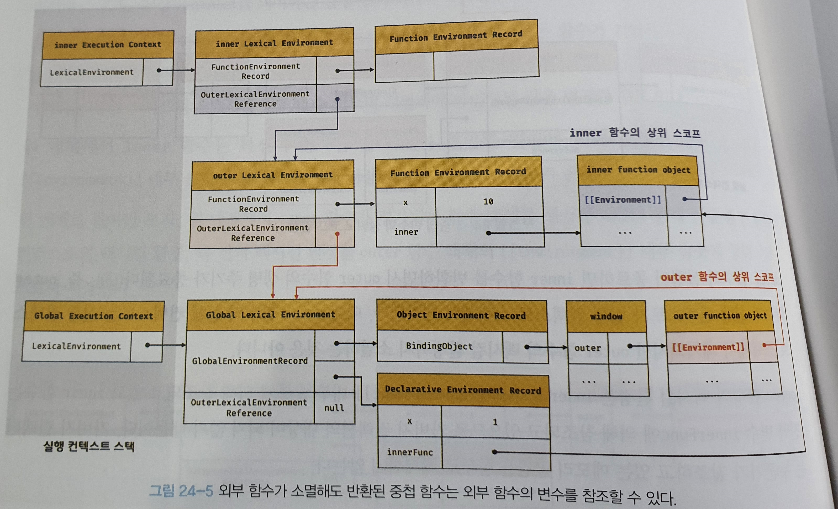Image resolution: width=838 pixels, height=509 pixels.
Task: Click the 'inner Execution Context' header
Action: click(108, 45)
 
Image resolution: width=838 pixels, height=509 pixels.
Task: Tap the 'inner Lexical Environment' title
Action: click(274, 43)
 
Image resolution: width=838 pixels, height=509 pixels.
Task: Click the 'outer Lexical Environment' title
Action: click(273, 175)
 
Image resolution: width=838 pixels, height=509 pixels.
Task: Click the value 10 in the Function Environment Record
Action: click(488, 201)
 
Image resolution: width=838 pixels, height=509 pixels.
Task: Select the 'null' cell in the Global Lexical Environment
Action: click(334, 408)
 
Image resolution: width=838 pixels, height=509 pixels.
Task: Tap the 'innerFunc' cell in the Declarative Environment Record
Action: click(410, 452)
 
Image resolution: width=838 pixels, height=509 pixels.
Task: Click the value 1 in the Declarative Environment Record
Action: click(495, 422)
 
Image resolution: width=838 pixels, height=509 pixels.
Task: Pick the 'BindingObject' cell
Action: click(439, 346)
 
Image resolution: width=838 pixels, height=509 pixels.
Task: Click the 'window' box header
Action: click(606, 316)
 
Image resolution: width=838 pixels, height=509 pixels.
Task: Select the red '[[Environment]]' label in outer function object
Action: click(708, 347)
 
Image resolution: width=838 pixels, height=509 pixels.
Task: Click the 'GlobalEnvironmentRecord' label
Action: click(250, 361)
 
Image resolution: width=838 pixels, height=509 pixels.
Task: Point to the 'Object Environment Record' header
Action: click(461, 315)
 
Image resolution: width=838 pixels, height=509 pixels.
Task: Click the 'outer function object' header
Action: click(720, 316)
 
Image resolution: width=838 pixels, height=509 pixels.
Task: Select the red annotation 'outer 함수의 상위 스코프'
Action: click(717, 277)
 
